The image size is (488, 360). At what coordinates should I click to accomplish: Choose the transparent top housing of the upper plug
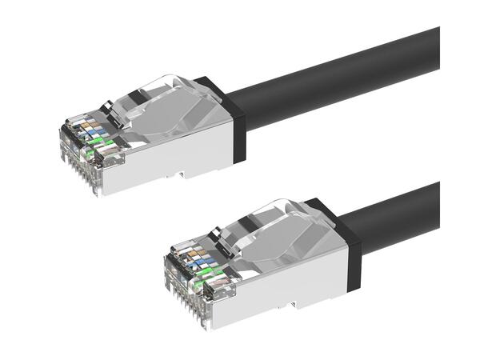(172, 104)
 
